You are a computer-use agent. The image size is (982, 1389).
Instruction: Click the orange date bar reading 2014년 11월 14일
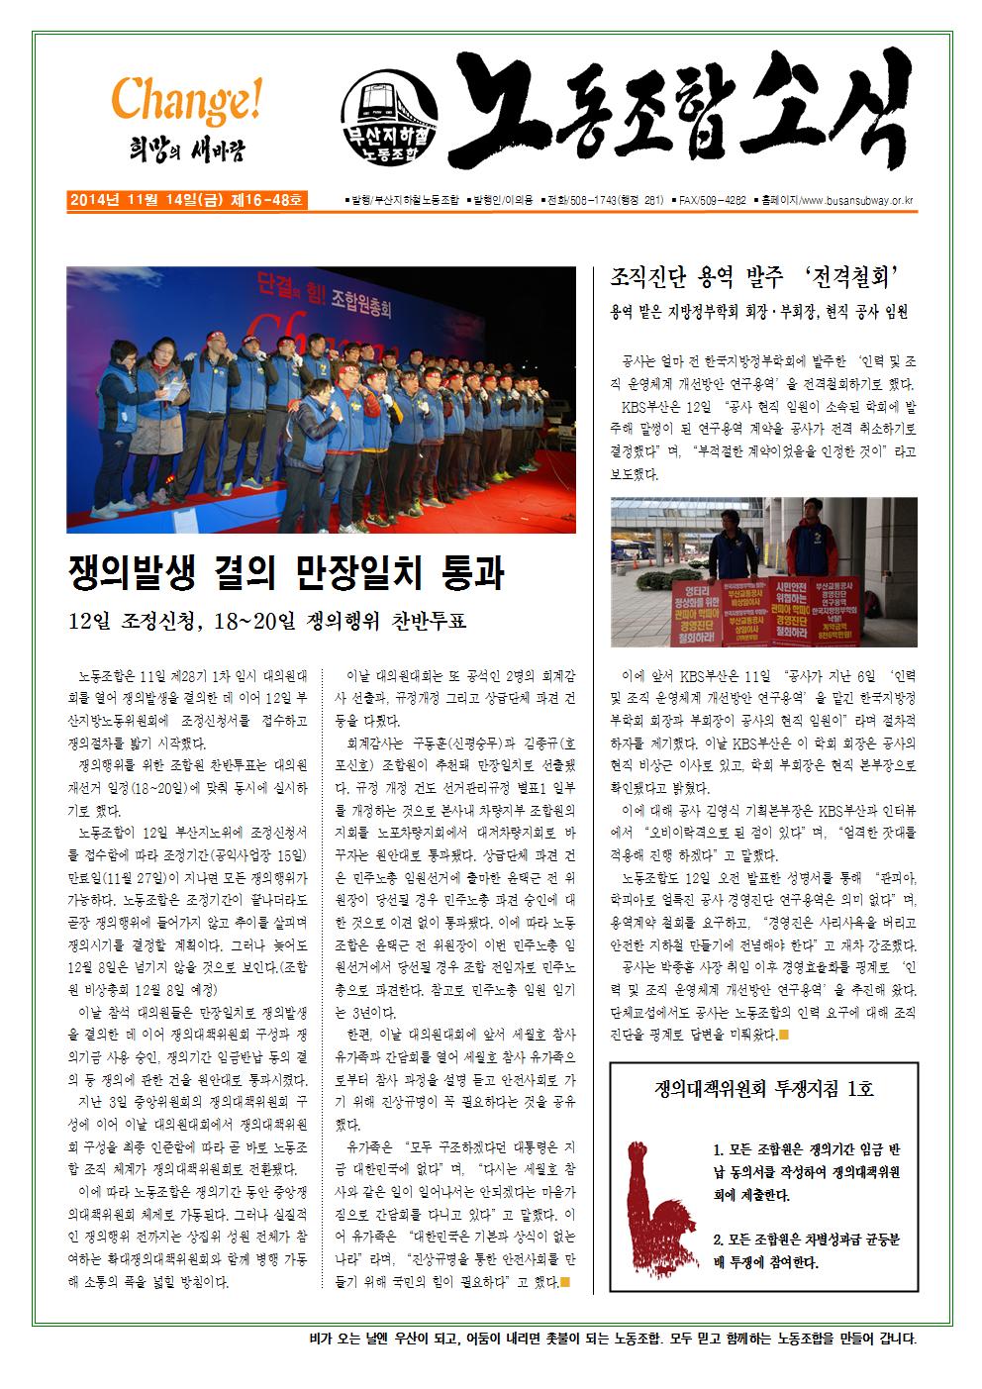187,200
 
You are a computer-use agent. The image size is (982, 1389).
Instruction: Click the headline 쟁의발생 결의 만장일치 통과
286,572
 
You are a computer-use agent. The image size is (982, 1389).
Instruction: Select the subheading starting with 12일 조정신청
266,622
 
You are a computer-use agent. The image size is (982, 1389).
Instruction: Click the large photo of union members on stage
321,399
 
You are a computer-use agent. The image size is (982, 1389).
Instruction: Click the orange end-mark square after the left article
565,1284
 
